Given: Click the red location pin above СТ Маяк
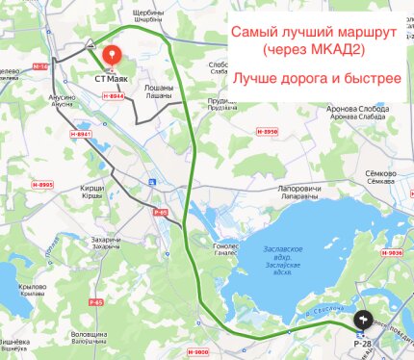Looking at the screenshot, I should tap(113, 56).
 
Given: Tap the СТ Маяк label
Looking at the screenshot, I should tap(113, 81).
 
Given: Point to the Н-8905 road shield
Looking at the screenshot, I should tap(40, 184).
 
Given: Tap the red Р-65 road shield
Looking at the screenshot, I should tap(160, 207).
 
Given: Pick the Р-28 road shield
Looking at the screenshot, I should tap(363, 343).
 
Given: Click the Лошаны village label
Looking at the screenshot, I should tap(160, 89).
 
